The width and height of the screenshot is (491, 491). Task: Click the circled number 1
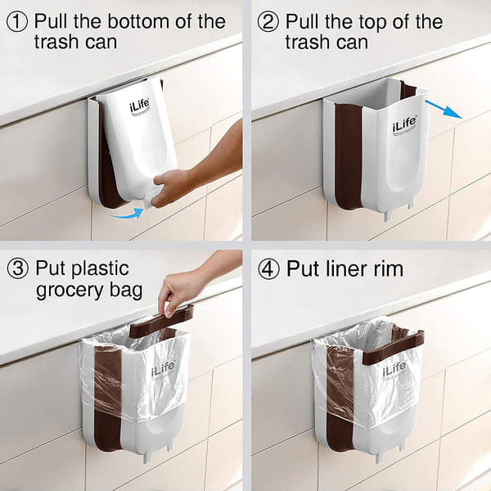point(16,21)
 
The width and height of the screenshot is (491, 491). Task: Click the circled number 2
point(268,21)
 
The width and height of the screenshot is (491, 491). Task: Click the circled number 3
point(16,268)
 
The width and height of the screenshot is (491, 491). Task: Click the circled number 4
point(268,268)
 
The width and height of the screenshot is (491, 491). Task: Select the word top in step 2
point(398,21)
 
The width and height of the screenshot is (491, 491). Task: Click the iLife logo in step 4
point(394,369)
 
